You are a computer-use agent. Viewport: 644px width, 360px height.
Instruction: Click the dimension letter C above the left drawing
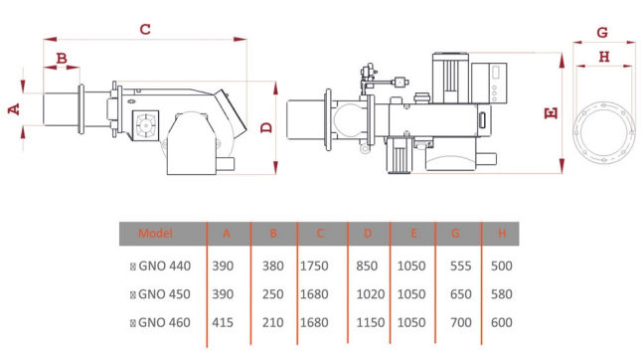tap(145, 29)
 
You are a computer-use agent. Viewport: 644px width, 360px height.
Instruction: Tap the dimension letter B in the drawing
tap(62, 58)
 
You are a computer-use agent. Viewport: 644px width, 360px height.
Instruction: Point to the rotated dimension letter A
tap(14, 109)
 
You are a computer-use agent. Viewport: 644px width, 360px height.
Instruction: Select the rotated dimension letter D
tap(266, 128)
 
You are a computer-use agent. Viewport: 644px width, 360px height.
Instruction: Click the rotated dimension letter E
tap(552, 113)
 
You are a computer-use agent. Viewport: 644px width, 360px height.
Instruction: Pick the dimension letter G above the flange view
tap(602, 33)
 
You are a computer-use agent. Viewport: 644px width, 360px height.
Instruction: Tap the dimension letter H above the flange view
tap(604, 57)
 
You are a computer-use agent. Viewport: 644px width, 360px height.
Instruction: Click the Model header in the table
tap(155, 234)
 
